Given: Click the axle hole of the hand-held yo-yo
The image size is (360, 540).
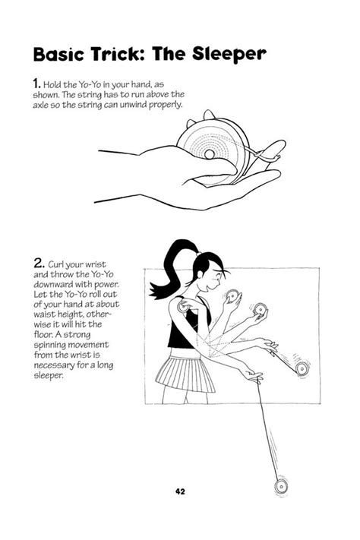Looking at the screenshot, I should click(209, 155).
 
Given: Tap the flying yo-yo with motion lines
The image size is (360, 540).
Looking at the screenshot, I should click(303, 369).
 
